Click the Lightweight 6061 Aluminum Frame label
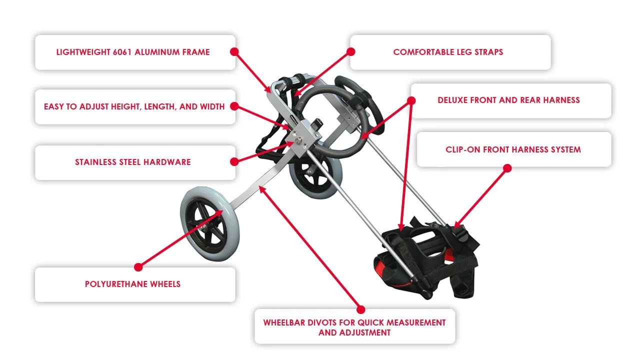coord(133,52)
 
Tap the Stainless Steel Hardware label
coord(133,162)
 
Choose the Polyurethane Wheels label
coord(133,284)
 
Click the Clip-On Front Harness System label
coord(513,149)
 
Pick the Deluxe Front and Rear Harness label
coord(508,100)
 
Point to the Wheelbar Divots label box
coord(354,327)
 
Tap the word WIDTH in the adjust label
coord(212,106)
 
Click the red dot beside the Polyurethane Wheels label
coord(138,267)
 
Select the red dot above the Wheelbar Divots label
coord(360,309)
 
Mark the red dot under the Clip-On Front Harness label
coord(507,168)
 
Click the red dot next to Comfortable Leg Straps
coord(350,51)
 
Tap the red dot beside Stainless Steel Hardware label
coord(234,161)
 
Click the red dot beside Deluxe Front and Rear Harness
coord(411,100)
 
